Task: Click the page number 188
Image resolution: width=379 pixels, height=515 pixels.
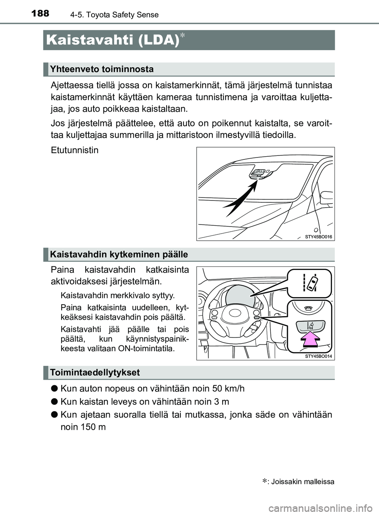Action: pyautogui.click(x=39, y=13)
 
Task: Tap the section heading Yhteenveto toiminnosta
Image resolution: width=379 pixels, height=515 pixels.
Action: pyautogui.click(x=102, y=69)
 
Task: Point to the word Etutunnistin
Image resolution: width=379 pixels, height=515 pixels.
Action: pyautogui.click(x=75, y=150)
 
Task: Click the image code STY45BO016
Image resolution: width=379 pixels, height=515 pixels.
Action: pyautogui.click(x=319, y=237)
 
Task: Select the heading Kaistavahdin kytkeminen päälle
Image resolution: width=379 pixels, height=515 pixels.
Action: pyautogui.click(x=119, y=255)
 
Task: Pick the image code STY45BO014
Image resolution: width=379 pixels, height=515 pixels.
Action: pyautogui.click(x=319, y=356)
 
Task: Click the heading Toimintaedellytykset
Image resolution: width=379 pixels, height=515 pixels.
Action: pyautogui.click(x=95, y=373)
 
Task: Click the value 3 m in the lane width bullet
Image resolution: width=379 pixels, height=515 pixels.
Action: pyautogui.click(x=222, y=402)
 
